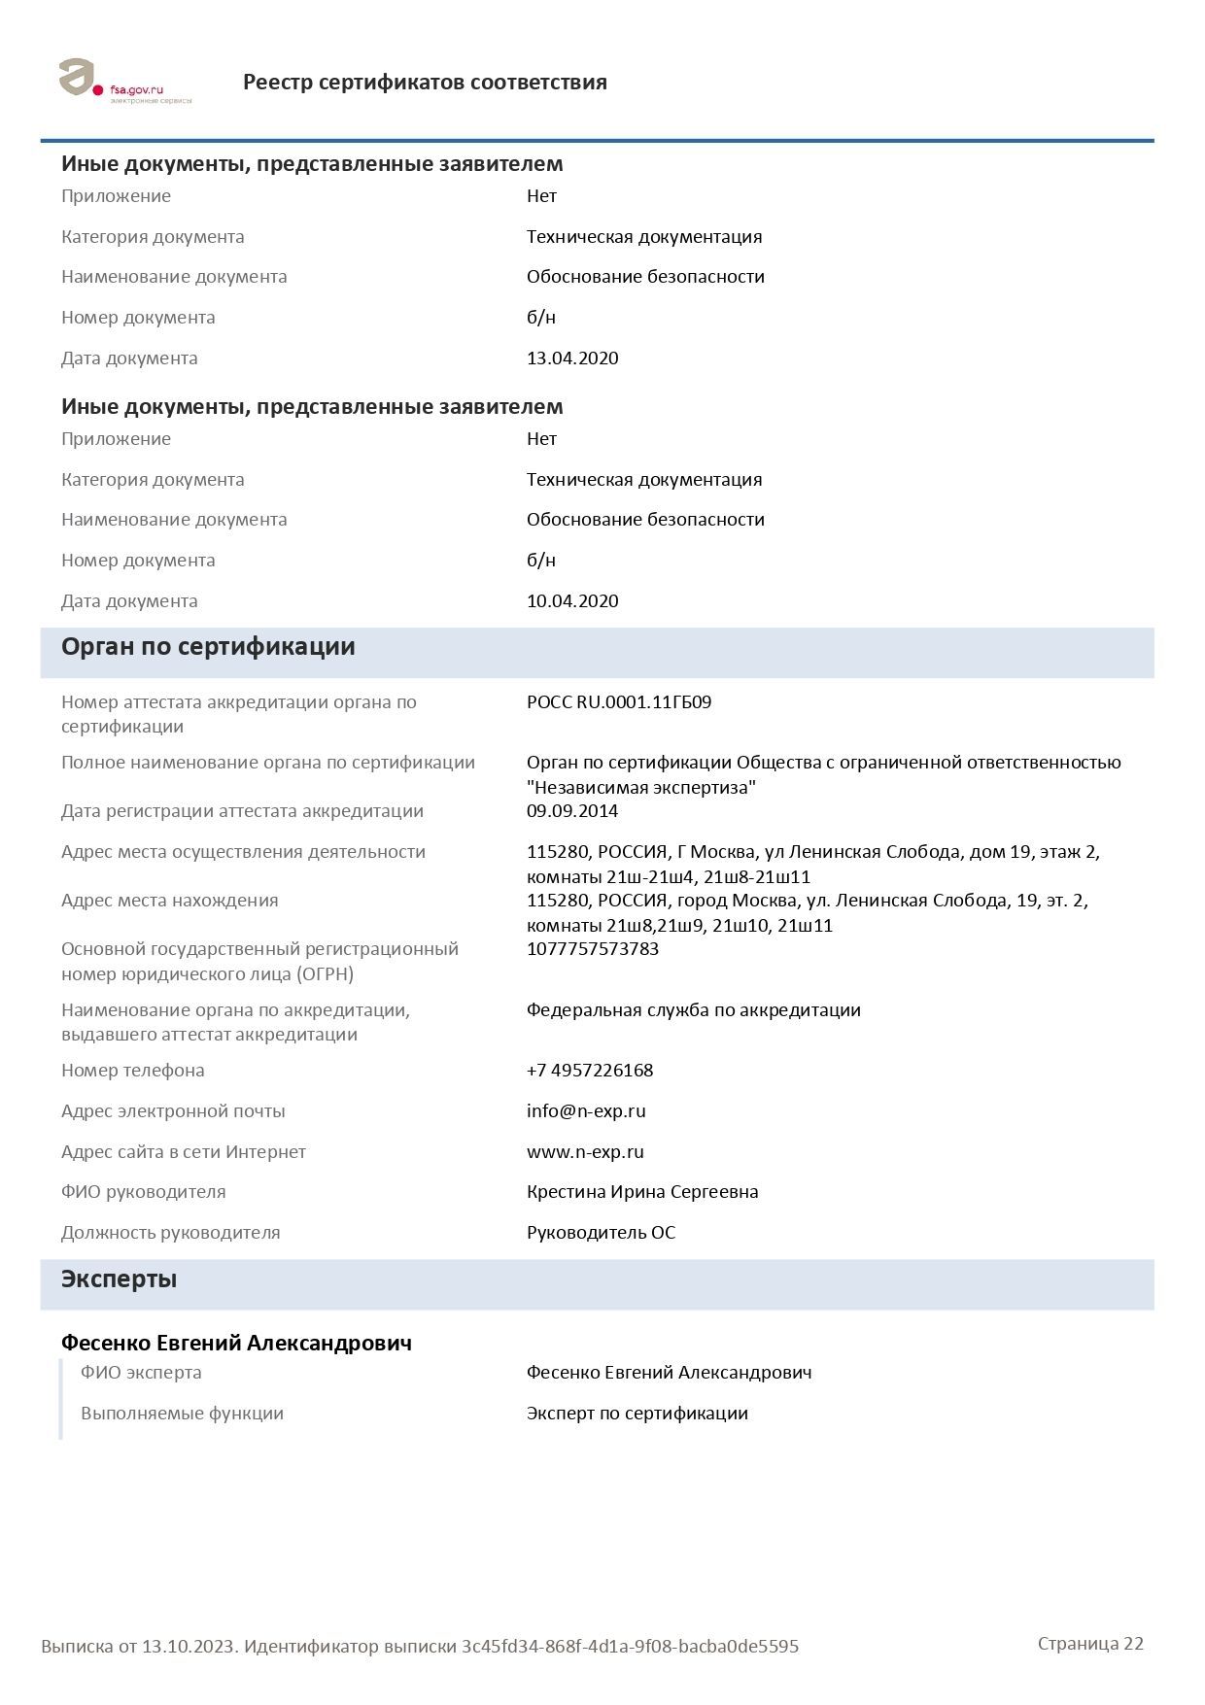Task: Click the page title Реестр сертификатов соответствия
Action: click(425, 83)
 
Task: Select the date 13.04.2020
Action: click(572, 358)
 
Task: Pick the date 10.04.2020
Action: click(572, 601)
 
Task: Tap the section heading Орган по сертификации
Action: click(208, 647)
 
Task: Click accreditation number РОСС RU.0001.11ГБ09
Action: click(619, 702)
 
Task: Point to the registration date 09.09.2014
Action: click(572, 811)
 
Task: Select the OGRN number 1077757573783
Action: click(593, 949)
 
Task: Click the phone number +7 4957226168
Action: click(590, 1071)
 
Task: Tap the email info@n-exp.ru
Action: click(586, 1111)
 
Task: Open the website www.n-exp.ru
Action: click(585, 1152)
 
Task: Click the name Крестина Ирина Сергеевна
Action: click(642, 1192)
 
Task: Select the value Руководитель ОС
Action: click(601, 1233)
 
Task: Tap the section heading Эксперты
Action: click(119, 1279)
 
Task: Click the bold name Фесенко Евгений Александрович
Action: click(236, 1343)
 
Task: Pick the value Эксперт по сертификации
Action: click(637, 1414)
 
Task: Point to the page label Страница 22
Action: click(1090, 1644)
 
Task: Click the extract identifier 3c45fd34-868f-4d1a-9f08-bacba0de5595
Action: click(630, 1647)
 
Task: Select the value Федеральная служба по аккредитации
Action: click(694, 1010)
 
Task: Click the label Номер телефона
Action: click(133, 1071)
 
